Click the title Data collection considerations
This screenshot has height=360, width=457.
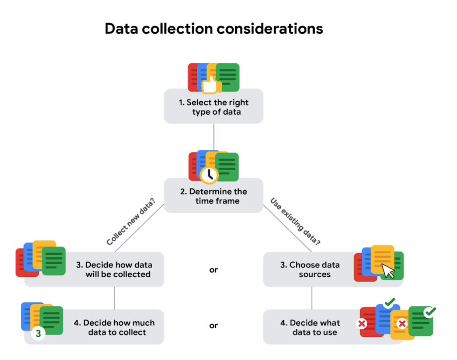[x=214, y=29]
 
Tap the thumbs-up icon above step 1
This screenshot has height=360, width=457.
[x=208, y=85]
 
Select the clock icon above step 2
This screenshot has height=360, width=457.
[x=208, y=174]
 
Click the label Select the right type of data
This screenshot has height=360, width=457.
[x=214, y=107]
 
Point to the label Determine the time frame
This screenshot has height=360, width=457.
[x=214, y=196]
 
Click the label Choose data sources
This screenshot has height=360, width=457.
[x=310, y=269]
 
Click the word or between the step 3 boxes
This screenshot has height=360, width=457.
[x=214, y=270]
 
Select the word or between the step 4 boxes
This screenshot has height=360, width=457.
[x=214, y=326]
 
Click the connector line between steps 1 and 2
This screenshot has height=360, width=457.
[x=214, y=137]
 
